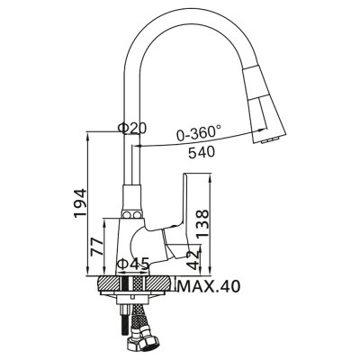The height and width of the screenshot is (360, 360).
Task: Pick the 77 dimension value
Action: point(97,248)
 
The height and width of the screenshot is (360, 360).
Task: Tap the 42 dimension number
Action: point(193,261)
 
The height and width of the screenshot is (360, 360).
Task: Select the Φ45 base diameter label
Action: point(134,264)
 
